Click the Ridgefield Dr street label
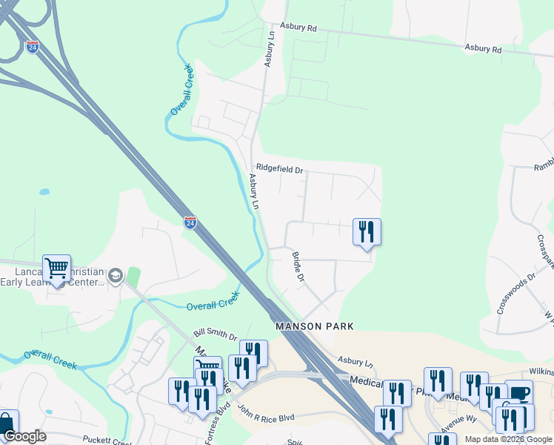(x=279, y=169)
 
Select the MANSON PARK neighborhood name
(x=314, y=326)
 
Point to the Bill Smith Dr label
(x=215, y=336)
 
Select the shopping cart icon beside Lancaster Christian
(x=56, y=268)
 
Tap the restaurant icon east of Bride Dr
(x=367, y=231)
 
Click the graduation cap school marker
(x=115, y=277)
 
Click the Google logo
(x=24, y=436)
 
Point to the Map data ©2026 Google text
(x=508, y=439)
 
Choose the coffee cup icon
(x=519, y=393)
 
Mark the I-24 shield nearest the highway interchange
(x=32, y=47)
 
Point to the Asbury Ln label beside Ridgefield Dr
(x=255, y=192)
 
